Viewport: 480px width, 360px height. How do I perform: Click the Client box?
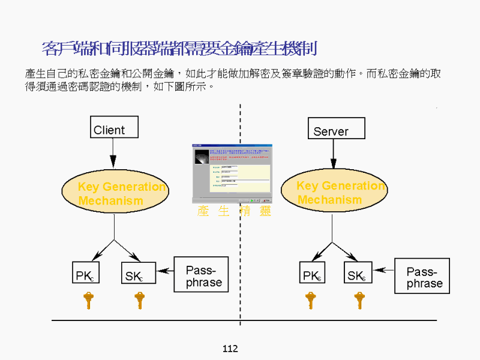pos(114,127)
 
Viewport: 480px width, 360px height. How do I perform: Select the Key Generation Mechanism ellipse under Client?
pos(115,193)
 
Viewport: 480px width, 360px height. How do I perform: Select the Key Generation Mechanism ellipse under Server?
pos(334,192)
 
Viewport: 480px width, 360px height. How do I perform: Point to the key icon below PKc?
pos(88,299)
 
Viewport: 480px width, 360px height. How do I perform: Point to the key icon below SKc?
pos(139,299)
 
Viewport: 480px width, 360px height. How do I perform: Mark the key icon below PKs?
pos(310,299)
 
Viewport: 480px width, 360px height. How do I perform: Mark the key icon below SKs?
pos(359,299)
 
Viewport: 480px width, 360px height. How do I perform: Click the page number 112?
pos(230,349)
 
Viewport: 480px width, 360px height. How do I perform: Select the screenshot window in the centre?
pos(232,173)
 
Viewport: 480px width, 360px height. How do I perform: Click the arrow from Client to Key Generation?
pos(113,154)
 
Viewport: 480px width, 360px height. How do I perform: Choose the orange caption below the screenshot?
pos(234,211)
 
